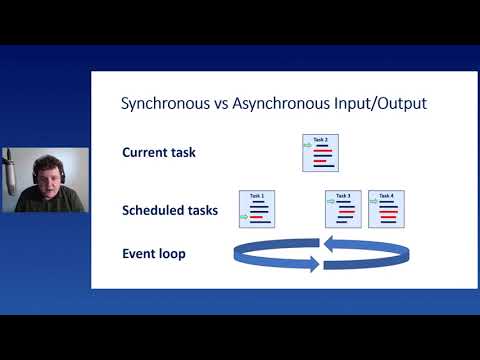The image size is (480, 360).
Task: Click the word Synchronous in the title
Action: tap(162, 102)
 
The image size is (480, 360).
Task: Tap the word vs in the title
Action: tap(214, 102)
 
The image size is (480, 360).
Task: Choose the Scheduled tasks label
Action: tap(170, 210)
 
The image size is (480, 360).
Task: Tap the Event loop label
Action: tap(154, 254)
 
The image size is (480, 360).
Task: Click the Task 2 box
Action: tap(321, 154)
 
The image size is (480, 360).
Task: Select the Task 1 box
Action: tap(257, 209)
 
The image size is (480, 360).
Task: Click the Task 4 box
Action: tap(386, 209)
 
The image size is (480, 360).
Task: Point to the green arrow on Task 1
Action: tap(243, 216)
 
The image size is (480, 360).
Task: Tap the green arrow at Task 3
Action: tap(330, 201)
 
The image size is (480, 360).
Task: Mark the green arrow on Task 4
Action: tap(373, 201)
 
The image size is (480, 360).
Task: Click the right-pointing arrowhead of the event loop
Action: tap(312, 265)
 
